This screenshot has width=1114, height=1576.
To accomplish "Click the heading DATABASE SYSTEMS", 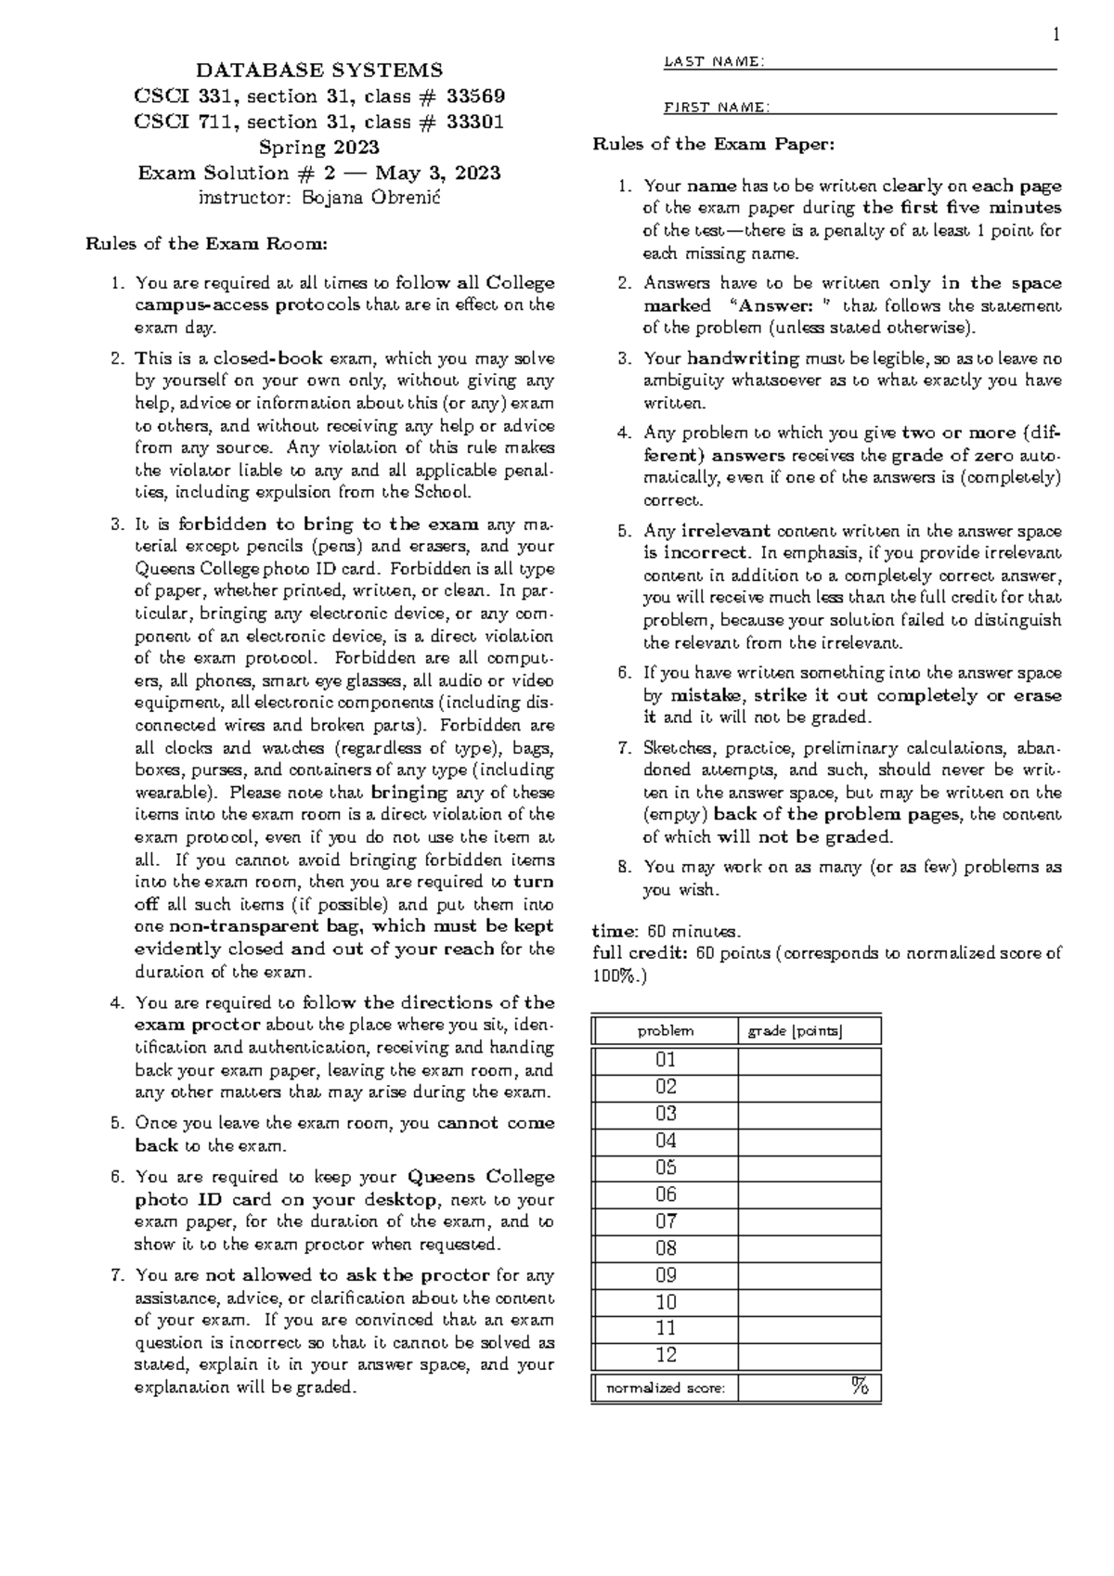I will [x=318, y=71].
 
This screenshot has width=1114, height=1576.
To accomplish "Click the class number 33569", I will [x=473, y=96].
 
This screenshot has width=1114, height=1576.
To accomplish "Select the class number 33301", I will [x=473, y=122].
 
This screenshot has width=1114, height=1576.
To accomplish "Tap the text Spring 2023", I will [x=318, y=148].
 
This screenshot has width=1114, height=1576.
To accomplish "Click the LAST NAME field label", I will [x=714, y=62].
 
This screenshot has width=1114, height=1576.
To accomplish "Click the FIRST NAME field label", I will [x=716, y=108].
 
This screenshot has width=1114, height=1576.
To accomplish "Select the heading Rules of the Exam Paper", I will [x=714, y=144].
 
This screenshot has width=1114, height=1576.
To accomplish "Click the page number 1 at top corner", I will [x=1056, y=36].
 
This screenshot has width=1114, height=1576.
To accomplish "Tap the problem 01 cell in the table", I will [x=666, y=1060].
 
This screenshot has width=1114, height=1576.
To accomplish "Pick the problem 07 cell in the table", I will [x=666, y=1221].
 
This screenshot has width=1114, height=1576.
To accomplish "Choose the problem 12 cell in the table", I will [x=666, y=1355].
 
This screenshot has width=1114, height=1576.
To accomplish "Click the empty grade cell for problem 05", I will [x=809, y=1168].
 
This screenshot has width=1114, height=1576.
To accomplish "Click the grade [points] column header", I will [x=795, y=1031].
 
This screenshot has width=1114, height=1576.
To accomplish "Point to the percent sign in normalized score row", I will [x=860, y=1388].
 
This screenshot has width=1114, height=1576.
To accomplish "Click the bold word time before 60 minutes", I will [x=614, y=931].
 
